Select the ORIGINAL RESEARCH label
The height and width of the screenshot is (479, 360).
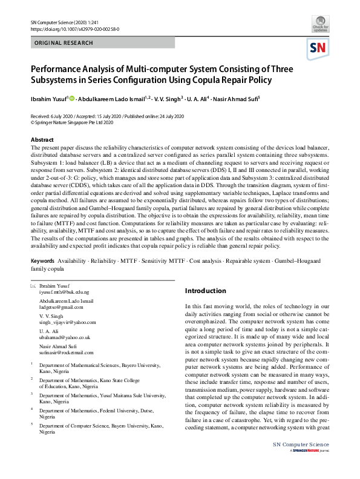click(64, 43)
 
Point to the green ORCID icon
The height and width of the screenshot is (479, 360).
click(72, 99)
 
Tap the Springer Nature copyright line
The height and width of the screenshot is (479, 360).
click(72, 122)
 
